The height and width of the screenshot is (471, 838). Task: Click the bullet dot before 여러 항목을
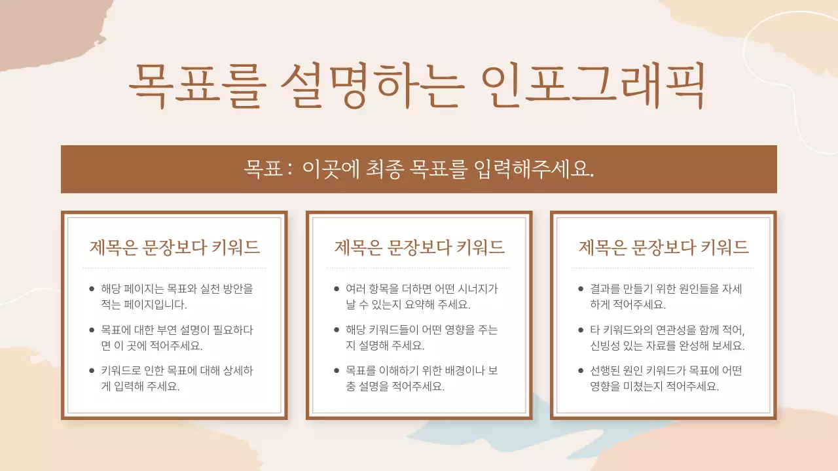[337, 288]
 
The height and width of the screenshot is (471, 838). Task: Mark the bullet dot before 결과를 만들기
[581, 288]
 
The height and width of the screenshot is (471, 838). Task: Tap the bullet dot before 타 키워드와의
[581, 330]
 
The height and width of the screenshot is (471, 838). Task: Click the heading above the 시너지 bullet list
[420, 247]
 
